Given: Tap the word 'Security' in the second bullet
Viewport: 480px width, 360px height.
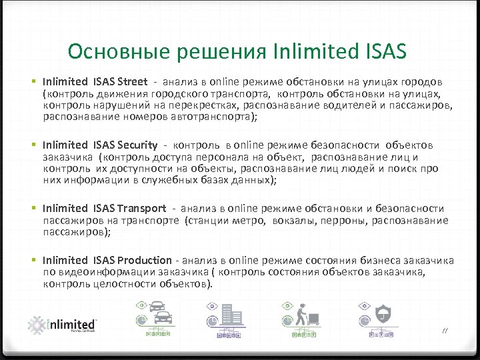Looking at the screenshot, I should click(x=137, y=145).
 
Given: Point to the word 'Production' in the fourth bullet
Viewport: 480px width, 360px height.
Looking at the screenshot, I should click(x=144, y=260).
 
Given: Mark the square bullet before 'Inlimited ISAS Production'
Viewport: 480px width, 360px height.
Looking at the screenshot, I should click(x=33, y=261).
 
